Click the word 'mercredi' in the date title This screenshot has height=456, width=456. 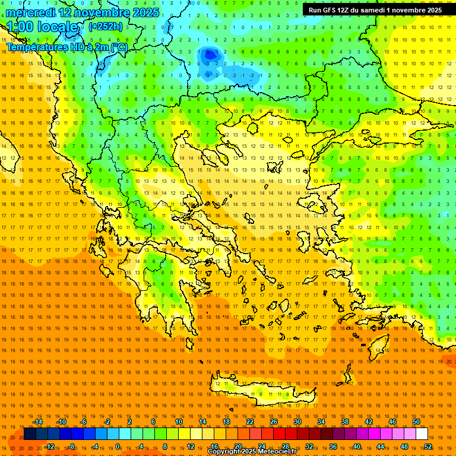pos(33,12)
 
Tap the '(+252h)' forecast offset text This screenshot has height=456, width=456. pos(106,26)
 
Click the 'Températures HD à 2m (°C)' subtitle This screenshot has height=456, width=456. pos(66,47)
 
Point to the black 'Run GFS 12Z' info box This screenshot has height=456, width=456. pos(375,10)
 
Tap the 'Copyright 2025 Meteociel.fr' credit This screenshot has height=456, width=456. pos(252,452)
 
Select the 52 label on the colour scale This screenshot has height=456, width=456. pos(428,446)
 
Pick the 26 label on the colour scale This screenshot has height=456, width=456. pos(274,422)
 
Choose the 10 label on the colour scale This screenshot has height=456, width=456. pos(179,422)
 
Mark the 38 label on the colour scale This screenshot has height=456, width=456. pos(345,422)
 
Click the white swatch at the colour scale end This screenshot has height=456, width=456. pos(422,433)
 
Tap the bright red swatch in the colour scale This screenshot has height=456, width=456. pos(279,433)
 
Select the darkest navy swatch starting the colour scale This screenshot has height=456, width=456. pos(29,433)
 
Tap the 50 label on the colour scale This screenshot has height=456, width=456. pos(416,422)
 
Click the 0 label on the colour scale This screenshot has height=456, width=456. pos(118,446)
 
